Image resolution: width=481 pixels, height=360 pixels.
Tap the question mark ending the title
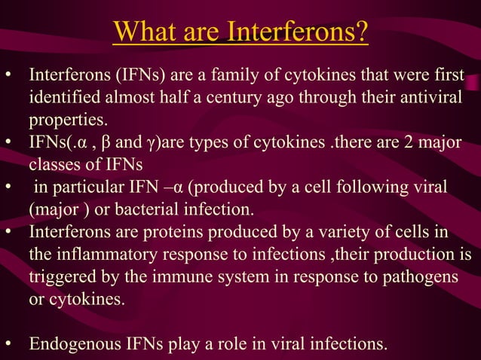coord(362,32)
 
